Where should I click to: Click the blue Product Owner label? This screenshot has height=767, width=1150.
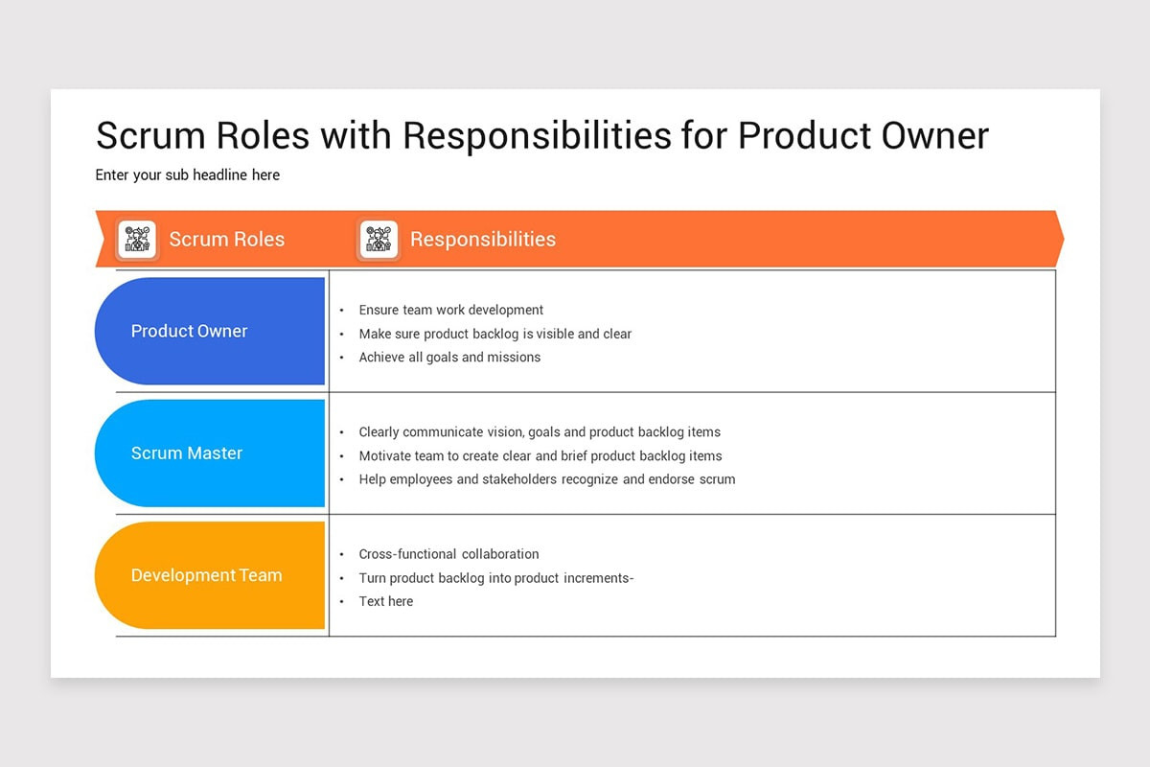click(x=190, y=331)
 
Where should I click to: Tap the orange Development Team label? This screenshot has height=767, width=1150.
click(x=206, y=575)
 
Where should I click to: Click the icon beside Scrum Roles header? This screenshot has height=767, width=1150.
click(x=137, y=240)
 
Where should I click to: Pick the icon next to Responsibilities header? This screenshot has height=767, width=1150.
click(x=379, y=240)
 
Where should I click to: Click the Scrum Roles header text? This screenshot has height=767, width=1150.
click(x=227, y=240)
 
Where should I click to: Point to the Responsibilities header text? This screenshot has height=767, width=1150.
click(x=483, y=240)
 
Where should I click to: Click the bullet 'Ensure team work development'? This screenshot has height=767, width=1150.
click(x=450, y=310)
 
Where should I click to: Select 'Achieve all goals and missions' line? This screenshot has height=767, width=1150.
click(x=449, y=357)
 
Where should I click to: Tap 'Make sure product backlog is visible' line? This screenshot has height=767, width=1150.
click(x=494, y=334)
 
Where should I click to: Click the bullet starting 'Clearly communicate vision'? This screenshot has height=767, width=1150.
click(x=540, y=432)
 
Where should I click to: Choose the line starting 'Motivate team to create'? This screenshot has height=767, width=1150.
click(x=540, y=456)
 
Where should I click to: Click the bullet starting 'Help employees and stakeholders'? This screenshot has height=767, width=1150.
click(x=547, y=479)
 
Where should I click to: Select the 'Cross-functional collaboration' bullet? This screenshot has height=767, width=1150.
click(x=448, y=554)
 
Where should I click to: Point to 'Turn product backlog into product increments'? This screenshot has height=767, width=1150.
click(x=495, y=578)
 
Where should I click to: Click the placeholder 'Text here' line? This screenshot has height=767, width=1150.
click(x=386, y=601)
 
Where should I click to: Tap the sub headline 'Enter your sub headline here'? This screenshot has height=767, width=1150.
click(x=188, y=175)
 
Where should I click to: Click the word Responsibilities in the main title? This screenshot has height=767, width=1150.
click(x=537, y=135)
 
